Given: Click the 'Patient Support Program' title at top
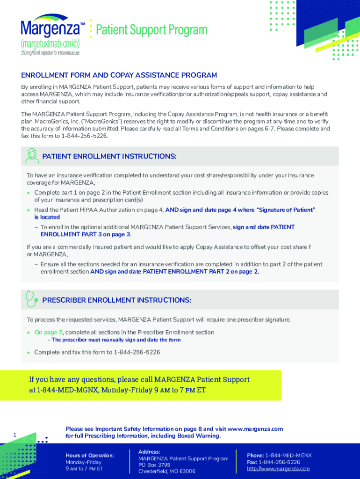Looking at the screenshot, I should pyautogui.click(x=151, y=30).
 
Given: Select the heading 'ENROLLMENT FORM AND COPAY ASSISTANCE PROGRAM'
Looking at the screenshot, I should pyautogui.click(x=119, y=75).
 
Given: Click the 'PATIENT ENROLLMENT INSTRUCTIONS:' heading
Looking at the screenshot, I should pyautogui.click(x=109, y=157).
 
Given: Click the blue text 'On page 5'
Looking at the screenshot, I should pyautogui.click(x=46, y=332).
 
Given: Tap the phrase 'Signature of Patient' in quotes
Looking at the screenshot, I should pyautogui.click(x=287, y=210).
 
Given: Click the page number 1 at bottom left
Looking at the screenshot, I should pyautogui.click(x=15, y=435).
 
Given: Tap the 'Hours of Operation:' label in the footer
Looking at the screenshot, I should pyautogui.click(x=90, y=455).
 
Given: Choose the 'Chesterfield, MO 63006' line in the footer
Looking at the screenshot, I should pyautogui.click(x=167, y=472).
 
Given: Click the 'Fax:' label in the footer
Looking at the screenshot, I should pyautogui.click(x=252, y=462).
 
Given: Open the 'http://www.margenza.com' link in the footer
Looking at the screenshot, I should pyautogui.click(x=278, y=469).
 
